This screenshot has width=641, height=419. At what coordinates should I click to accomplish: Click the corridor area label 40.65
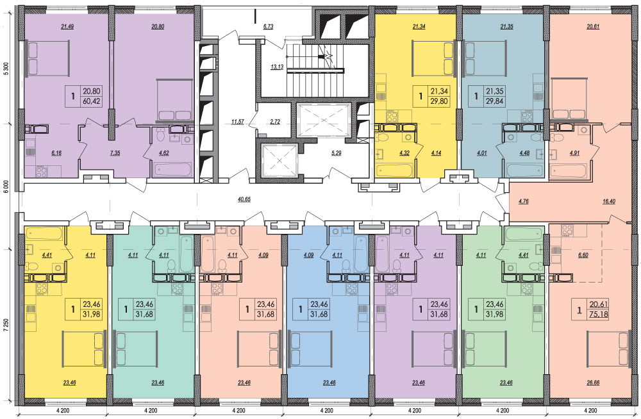click(244, 199)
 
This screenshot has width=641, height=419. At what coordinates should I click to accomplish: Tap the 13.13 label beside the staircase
click(277, 67)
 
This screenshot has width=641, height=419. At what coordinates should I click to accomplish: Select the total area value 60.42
click(91, 101)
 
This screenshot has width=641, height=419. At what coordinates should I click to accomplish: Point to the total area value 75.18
click(599, 314)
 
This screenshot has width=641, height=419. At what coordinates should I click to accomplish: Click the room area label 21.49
click(67, 27)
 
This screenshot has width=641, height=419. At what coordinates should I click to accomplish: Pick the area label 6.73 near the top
click(268, 26)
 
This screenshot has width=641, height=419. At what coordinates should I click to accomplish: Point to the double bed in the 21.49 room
click(48, 58)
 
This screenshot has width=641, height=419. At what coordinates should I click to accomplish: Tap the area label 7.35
click(115, 154)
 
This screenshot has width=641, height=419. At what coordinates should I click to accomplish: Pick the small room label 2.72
click(275, 122)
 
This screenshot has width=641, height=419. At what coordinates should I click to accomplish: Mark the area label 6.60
click(583, 255)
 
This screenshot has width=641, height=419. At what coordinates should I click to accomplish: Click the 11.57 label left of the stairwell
click(237, 122)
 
